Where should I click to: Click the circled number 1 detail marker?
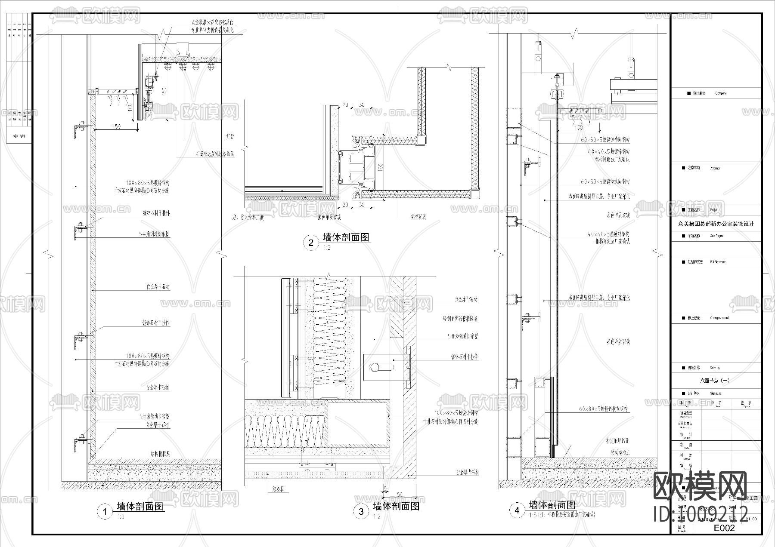[105, 512]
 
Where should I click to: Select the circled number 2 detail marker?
[311, 243]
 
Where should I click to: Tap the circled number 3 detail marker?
[361, 511]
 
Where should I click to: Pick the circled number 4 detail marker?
[517, 510]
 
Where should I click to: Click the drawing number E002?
[724, 528]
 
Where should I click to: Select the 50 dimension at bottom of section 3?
[400, 495]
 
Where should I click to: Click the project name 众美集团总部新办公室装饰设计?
[716, 224]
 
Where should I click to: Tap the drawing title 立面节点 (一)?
[715, 381]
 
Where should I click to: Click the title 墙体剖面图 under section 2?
[346, 237]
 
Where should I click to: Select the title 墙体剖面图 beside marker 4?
[552, 505]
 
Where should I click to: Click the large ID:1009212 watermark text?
[701, 513]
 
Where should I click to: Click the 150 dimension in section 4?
[579, 128]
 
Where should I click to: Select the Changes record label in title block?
[719, 318]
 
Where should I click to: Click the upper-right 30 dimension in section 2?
[362, 105]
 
